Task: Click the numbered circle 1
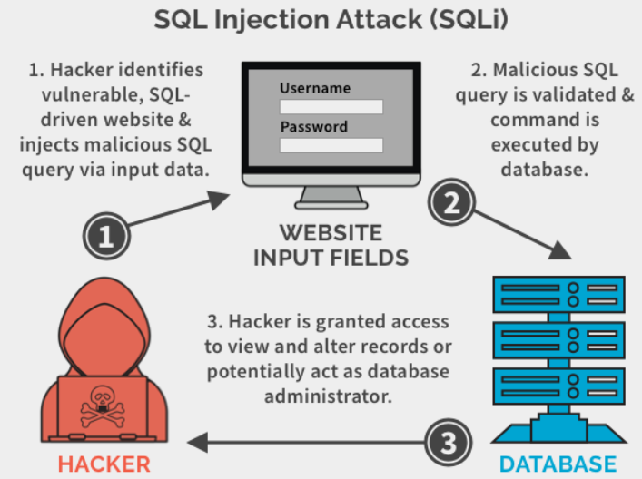coord(106,236)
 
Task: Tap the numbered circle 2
coord(451,202)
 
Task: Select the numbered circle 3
coord(449,442)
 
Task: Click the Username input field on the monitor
coord(331,107)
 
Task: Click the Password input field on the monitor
coord(331,145)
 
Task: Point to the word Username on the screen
coord(315,88)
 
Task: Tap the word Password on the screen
coord(313,126)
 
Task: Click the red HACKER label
coord(104,464)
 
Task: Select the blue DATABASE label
coord(558,464)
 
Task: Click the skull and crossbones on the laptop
coord(102,406)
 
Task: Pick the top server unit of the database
coord(558,295)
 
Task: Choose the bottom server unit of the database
coord(558,386)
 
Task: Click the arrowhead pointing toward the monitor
coord(218,200)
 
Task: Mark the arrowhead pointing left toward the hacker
coord(197,442)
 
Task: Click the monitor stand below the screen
coord(331,198)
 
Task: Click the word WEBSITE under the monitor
coord(331,233)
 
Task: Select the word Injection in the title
coord(272,20)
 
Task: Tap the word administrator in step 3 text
coord(328,396)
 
